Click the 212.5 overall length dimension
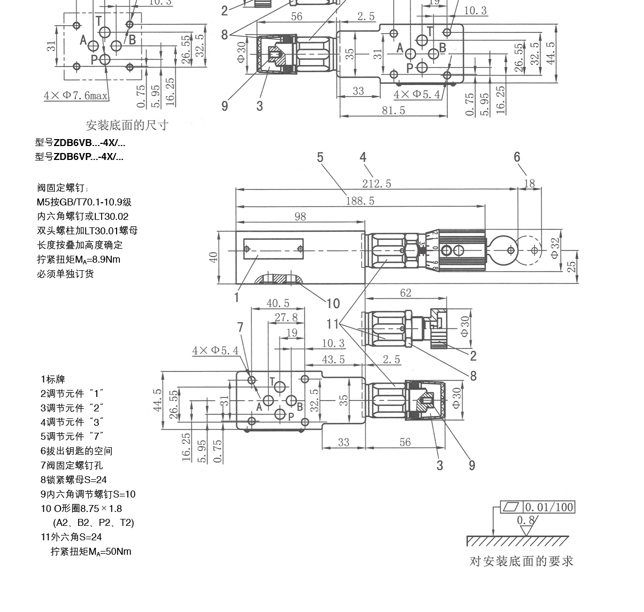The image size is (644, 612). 377,183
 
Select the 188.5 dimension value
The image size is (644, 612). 360,201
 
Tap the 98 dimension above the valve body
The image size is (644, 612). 300,216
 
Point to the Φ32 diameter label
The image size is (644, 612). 555,247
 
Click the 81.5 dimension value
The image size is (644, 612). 393,110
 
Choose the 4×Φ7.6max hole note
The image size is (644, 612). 76,96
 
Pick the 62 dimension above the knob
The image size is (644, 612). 405,293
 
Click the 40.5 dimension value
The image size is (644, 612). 278,303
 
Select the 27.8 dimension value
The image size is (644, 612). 286,317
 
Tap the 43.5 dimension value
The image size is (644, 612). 333,359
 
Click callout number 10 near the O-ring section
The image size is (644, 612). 333,304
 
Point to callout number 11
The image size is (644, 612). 333,324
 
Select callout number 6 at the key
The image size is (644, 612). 517,157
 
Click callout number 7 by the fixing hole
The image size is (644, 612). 240,327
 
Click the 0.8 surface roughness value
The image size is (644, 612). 525,520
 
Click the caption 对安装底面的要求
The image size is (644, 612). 521,561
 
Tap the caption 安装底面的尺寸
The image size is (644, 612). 127,125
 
